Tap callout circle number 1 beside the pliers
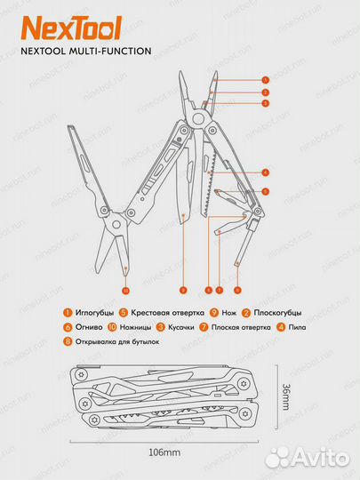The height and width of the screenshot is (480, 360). tap(265, 80)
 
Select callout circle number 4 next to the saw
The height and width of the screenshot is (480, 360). tap(265, 171)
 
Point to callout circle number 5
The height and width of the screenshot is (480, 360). tap(265, 191)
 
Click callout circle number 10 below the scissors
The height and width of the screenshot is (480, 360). tap(125, 291)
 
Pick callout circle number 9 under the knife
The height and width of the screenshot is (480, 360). tap(181, 291)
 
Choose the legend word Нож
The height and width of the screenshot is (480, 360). tap(228, 312)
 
